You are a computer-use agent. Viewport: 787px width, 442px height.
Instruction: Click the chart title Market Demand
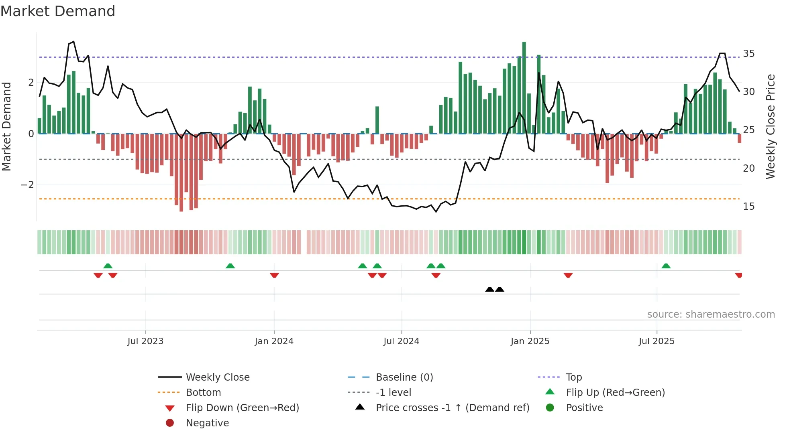click(58, 11)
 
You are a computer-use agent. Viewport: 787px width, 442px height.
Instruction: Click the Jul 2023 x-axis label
click(145, 341)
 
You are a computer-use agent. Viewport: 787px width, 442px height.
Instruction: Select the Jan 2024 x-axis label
click(274, 341)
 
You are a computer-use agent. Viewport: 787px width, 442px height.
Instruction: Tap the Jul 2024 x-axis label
click(401, 341)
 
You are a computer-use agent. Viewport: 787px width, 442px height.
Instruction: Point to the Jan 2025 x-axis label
click(530, 341)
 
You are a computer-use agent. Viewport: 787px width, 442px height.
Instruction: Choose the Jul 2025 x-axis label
click(657, 341)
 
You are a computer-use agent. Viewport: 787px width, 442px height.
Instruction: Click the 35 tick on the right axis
click(748, 54)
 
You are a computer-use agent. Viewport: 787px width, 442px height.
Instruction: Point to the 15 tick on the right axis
click(748, 207)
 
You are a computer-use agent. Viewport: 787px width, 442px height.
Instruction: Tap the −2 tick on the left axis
click(27, 185)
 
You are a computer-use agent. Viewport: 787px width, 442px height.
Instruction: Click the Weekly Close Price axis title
click(770, 126)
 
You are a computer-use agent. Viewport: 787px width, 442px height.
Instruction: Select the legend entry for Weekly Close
click(217, 377)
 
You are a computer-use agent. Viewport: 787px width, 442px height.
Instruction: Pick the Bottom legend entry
click(203, 393)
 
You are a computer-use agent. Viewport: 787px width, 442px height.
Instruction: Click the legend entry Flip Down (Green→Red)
click(242, 408)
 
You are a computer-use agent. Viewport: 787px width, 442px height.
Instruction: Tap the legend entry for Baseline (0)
click(404, 377)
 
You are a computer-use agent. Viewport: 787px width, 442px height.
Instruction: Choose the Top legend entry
click(573, 377)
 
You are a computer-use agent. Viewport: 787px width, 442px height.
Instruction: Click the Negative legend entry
click(207, 423)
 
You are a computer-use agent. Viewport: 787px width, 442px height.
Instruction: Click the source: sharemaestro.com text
click(711, 314)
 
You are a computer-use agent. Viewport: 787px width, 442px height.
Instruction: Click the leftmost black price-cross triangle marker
click(489, 289)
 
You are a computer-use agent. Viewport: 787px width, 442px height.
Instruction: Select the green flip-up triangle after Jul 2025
click(666, 266)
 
